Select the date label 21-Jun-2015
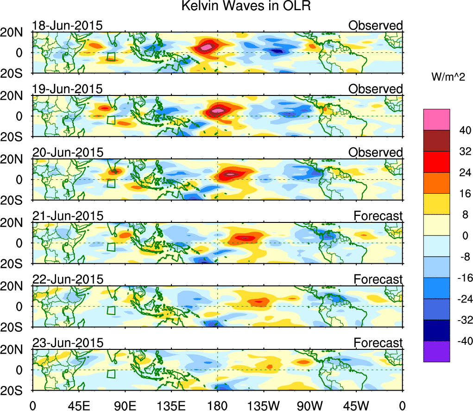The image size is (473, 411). coord(68,216)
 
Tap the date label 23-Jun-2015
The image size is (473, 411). coord(68,343)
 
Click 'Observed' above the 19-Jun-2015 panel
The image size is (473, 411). coord(375,89)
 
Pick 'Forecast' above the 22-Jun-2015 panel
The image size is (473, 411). coord(378,279)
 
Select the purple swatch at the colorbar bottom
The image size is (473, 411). coord(436,352)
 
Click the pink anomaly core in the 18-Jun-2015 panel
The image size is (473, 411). coord(207,47)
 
